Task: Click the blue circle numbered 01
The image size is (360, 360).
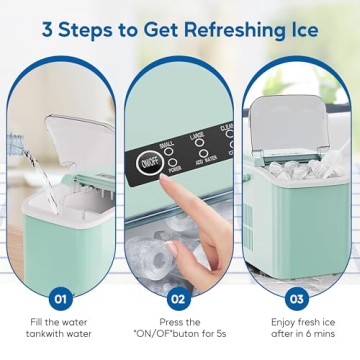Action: coord(60,297)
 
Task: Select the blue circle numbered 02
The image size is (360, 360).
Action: coord(179,297)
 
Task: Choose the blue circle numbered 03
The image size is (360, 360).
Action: coord(296,297)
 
